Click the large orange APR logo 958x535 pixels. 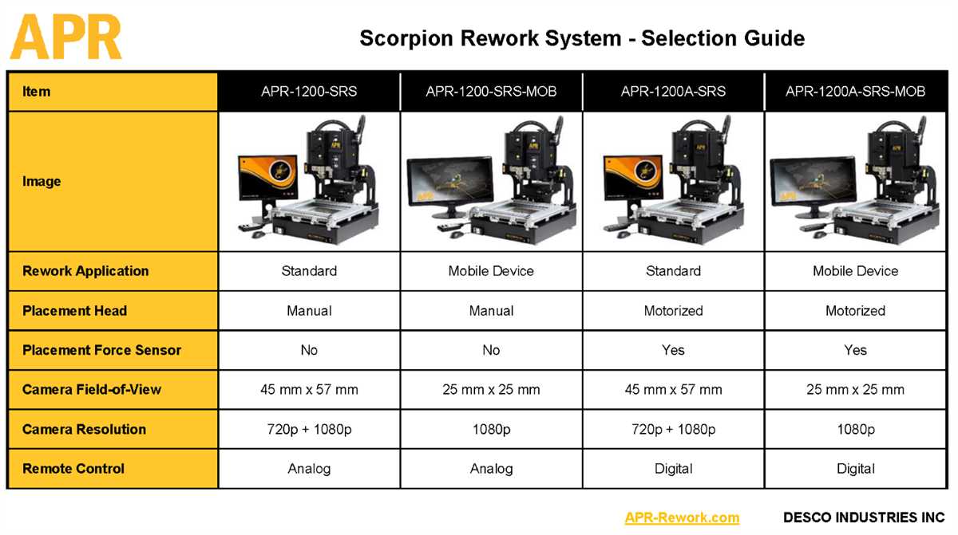click(65, 37)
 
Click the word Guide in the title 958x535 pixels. click(774, 38)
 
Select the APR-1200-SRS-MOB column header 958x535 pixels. click(491, 92)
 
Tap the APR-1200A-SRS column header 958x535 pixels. click(673, 92)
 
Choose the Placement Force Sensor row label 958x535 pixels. click(102, 350)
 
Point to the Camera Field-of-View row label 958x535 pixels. click(92, 389)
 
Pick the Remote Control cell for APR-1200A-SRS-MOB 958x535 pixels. click(855, 469)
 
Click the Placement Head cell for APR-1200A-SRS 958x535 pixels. click(673, 311)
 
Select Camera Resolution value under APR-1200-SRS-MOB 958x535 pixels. click(491, 429)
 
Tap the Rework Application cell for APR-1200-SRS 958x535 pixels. click(309, 271)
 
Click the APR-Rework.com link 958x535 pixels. click(682, 517)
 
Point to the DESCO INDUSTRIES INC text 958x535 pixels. click(864, 517)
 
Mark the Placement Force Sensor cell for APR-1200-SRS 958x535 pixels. click(309, 350)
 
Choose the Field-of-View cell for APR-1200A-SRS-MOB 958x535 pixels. click(855, 389)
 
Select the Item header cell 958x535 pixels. click(113, 92)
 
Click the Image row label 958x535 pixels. click(42, 182)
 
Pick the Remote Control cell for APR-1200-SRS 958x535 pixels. click(309, 469)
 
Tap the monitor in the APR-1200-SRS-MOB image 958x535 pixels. click(450, 182)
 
